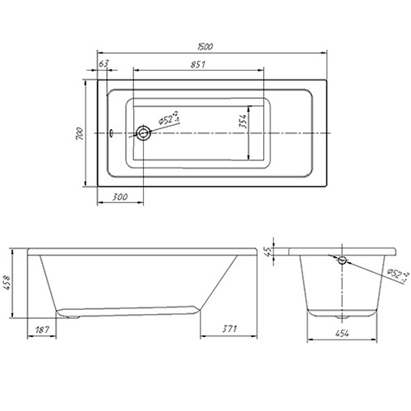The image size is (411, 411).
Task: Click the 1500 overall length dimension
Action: [205, 47]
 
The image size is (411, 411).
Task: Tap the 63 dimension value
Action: [104, 63]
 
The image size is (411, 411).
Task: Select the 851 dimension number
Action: [198, 64]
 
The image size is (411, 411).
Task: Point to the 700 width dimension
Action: [79, 133]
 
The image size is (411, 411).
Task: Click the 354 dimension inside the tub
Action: [242, 121]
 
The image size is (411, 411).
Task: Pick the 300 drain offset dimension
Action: [120, 196]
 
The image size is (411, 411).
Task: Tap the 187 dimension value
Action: [42, 330]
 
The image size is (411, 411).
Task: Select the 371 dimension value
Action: [229, 329]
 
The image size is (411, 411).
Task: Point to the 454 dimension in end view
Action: [342, 333]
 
